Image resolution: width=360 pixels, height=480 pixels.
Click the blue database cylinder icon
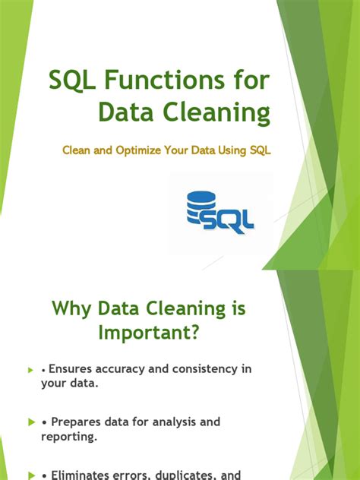coord(201,207)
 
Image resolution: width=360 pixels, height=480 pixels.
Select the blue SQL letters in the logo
coord(232,220)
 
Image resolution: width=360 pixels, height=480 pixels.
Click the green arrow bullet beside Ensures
coord(30,370)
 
